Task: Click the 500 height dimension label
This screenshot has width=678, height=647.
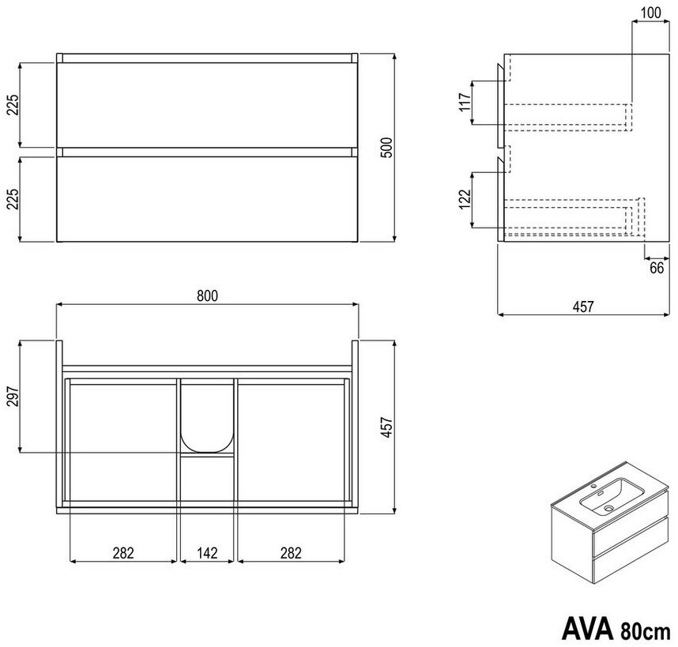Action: [387, 148]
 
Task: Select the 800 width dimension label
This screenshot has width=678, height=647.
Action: [208, 296]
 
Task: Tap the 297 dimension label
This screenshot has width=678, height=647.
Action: [13, 397]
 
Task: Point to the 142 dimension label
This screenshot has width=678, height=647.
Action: [207, 553]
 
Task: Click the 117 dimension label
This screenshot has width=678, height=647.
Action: [465, 102]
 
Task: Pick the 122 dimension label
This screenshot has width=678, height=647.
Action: [465, 199]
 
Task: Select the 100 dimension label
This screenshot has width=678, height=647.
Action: [651, 13]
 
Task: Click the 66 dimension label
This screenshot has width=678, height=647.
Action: [657, 268]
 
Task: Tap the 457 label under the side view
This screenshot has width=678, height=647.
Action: [583, 307]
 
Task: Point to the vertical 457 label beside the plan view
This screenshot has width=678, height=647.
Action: [387, 427]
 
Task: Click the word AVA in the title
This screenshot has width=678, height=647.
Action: [587, 628]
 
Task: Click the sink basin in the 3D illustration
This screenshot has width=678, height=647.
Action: [611, 496]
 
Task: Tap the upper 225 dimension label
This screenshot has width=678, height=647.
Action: [13, 104]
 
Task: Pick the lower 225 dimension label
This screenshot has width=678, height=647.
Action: [13, 198]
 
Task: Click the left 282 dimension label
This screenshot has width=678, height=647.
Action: [123, 553]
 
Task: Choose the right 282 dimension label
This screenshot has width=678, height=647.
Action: [291, 553]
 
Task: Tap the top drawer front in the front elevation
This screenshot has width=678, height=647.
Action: [207, 105]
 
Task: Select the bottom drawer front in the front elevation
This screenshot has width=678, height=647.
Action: [207, 199]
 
